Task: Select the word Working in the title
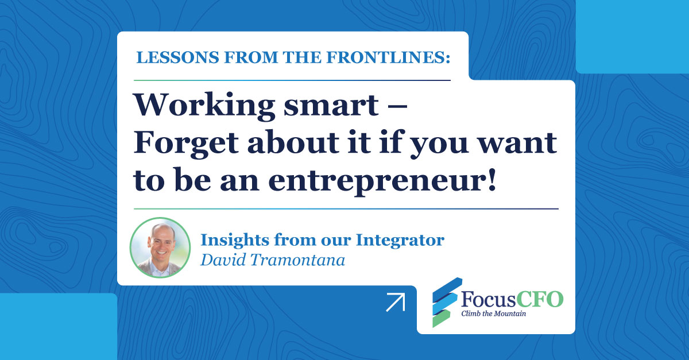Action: coord(204,106)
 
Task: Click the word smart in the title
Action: coord(331,106)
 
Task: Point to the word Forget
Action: coord(186,144)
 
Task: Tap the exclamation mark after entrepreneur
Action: coord(491,179)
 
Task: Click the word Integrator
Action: coord(400,241)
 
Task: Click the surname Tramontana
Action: coord(297,260)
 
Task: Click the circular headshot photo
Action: coord(160,247)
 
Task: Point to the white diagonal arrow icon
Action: coord(396,303)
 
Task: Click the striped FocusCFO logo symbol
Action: coord(447,302)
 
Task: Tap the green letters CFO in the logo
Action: coord(540,299)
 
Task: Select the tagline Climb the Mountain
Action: coord(493,314)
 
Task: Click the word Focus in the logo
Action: coord(489,299)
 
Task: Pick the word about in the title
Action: coord(293,142)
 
